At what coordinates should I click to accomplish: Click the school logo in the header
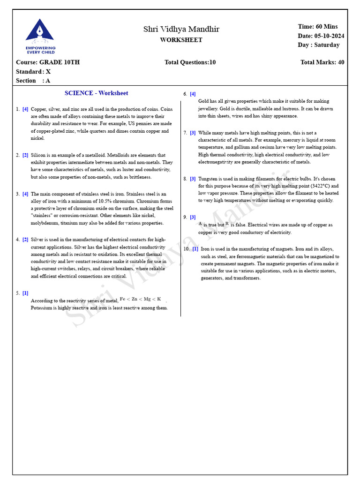point(40,36)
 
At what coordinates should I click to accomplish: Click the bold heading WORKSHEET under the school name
point(181,40)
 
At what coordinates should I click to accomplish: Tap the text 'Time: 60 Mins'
point(317,27)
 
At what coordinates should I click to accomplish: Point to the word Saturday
point(327,45)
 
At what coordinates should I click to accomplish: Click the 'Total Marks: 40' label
point(322,62)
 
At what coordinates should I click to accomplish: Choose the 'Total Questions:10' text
point(190,62)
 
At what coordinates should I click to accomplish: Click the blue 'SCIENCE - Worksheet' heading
point(96,93)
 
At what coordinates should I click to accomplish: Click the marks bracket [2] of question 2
point(25,155)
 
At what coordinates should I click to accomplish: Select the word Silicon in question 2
point(39,155)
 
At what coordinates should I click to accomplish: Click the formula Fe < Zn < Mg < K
point(140,299)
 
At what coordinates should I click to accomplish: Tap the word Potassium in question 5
point(42,308)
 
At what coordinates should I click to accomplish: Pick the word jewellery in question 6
point(209,108)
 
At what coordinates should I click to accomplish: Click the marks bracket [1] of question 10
point(195,249)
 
